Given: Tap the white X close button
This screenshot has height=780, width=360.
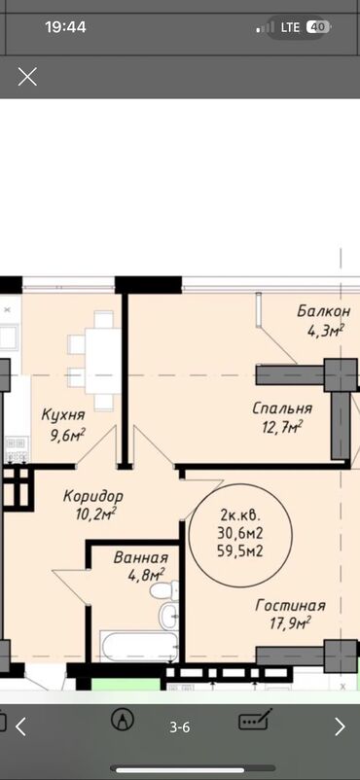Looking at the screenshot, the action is (27, 77).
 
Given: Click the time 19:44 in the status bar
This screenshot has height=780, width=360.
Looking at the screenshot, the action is (66, 27).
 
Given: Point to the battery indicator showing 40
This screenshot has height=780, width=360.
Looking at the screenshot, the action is (318, 27).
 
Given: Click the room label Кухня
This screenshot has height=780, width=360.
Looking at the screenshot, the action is (63, 414).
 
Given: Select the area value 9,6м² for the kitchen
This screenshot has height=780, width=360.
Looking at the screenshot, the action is (67, 435).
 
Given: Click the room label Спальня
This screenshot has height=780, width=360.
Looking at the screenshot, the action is (282, 408).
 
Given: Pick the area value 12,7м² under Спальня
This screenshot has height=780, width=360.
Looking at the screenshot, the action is (283, 426).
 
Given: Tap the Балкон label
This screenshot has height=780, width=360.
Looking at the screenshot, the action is (324, 312).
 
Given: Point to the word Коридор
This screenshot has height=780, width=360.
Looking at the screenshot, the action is (93, 496).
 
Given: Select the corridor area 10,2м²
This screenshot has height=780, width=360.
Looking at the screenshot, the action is (95, 513).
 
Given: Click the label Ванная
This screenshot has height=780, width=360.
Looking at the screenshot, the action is (140, 557).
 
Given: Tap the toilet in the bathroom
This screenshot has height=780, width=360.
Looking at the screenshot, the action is (164, 590).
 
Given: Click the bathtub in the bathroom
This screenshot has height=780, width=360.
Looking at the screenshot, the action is (138, 647).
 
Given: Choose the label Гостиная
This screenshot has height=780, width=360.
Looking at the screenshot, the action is (290, 605).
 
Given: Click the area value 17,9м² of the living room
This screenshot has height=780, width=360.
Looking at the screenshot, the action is (290, 621).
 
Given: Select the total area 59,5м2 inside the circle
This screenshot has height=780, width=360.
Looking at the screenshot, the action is (240, 550).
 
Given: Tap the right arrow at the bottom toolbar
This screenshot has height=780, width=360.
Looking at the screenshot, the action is (340, 727).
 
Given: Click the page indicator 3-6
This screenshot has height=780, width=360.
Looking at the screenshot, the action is (180, 727).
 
